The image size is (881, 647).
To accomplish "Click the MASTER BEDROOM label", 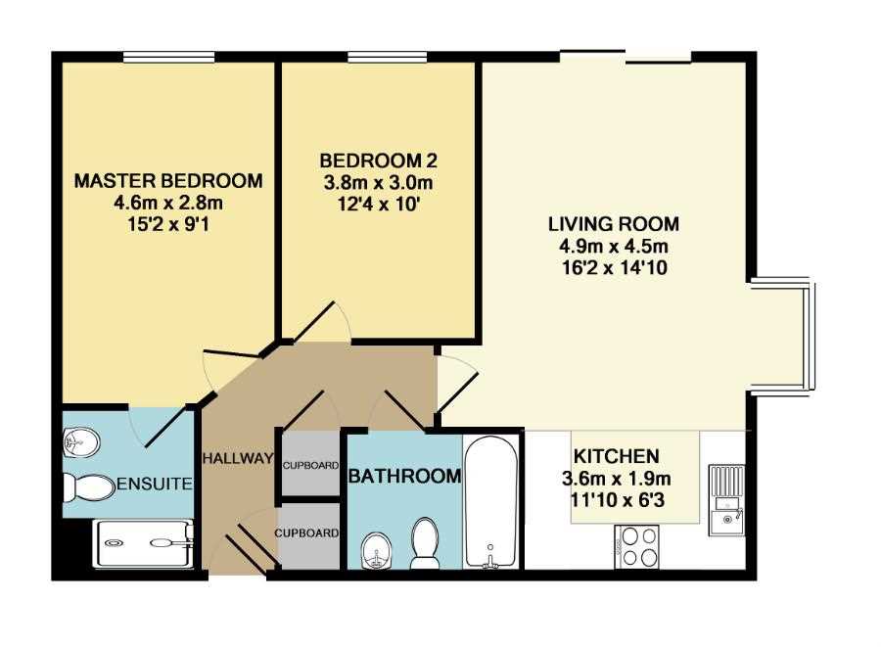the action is [x=168, y=181].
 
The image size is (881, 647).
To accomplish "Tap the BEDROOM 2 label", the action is [x=378, y=161].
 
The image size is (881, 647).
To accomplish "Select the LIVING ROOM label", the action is [x=614, y=224].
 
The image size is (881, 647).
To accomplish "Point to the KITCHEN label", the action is [x=617, y=455].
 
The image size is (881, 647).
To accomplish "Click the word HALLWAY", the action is [x=238, y=458].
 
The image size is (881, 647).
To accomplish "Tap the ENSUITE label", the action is [x=155, y=484].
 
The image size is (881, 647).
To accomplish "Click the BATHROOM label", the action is [x=404, y=477].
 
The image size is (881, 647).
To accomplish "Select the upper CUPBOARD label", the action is [x=310, y=466].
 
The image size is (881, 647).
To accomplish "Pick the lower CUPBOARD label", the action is [x=306, y=532].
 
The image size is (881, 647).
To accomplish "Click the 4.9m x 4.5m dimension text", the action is [x=614, y=246].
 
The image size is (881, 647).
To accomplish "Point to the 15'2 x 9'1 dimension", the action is [x=168, y=225].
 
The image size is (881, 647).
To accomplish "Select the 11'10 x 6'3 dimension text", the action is [x=617, y=499].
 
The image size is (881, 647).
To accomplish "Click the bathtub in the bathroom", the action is [x=491, y=502].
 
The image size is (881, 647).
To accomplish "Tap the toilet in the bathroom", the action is [x=426, y=542].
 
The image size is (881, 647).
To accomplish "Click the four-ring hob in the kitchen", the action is [x=636, y=546].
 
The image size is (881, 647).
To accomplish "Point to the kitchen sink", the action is [x=726, y=500].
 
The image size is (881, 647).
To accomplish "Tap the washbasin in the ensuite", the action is [x=81, y=442].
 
